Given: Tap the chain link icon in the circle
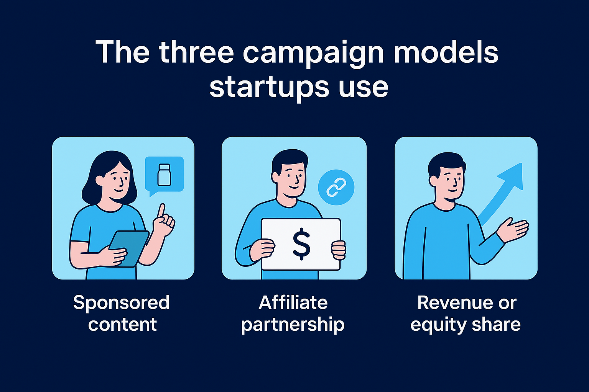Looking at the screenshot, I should tap(336, 188).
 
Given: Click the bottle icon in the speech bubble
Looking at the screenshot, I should tap(164, 175).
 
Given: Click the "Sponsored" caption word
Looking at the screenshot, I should tap(121, 303).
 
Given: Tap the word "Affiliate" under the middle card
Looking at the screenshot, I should tap(293, 303).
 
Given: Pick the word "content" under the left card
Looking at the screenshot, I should tap(122, 325).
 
